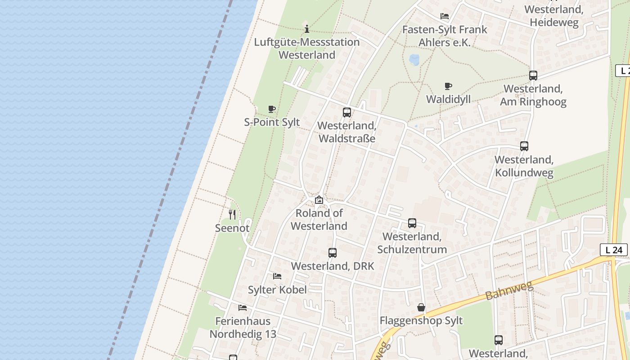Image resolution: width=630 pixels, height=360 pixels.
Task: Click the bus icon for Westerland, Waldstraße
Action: [x=346, y=112]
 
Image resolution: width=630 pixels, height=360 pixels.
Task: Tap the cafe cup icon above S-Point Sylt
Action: [x=272, y=109]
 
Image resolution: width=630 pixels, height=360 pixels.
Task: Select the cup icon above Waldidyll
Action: [x=448, y=86]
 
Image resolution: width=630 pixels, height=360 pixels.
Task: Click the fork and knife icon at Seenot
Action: [x=232, y=215]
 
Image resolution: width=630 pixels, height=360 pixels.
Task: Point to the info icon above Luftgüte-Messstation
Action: [x=307, y=29]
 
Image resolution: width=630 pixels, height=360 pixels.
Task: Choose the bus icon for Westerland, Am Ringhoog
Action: [x=533, y=76]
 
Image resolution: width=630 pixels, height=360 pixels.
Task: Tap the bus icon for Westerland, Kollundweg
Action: [x=524, y=146]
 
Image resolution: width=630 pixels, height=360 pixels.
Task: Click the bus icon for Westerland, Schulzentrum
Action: [x=412, y=223]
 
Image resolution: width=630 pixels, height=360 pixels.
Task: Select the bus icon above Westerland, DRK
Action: [x=333, y=253]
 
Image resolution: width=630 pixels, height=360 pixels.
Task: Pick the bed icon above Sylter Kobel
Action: [x=277, y=276]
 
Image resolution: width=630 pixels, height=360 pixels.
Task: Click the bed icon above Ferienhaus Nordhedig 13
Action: [x=243, y=308]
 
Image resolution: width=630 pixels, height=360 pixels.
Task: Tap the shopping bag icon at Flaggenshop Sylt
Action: [x=421, y=307]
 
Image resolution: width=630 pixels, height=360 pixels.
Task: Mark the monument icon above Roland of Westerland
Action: [x=319, y=200]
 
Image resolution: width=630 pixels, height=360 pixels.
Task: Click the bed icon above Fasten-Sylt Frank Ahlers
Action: [x=445, y=16]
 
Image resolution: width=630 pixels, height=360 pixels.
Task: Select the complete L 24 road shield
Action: [x=614, y=250]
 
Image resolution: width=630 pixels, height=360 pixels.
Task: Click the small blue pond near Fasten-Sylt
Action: [x=414, y=60]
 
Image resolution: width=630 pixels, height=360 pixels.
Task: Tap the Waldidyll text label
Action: [x=448, y=99]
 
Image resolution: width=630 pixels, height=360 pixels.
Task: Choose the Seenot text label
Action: [x=232, y=228]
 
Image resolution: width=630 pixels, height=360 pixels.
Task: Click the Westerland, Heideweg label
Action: [x=554, y=16]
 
